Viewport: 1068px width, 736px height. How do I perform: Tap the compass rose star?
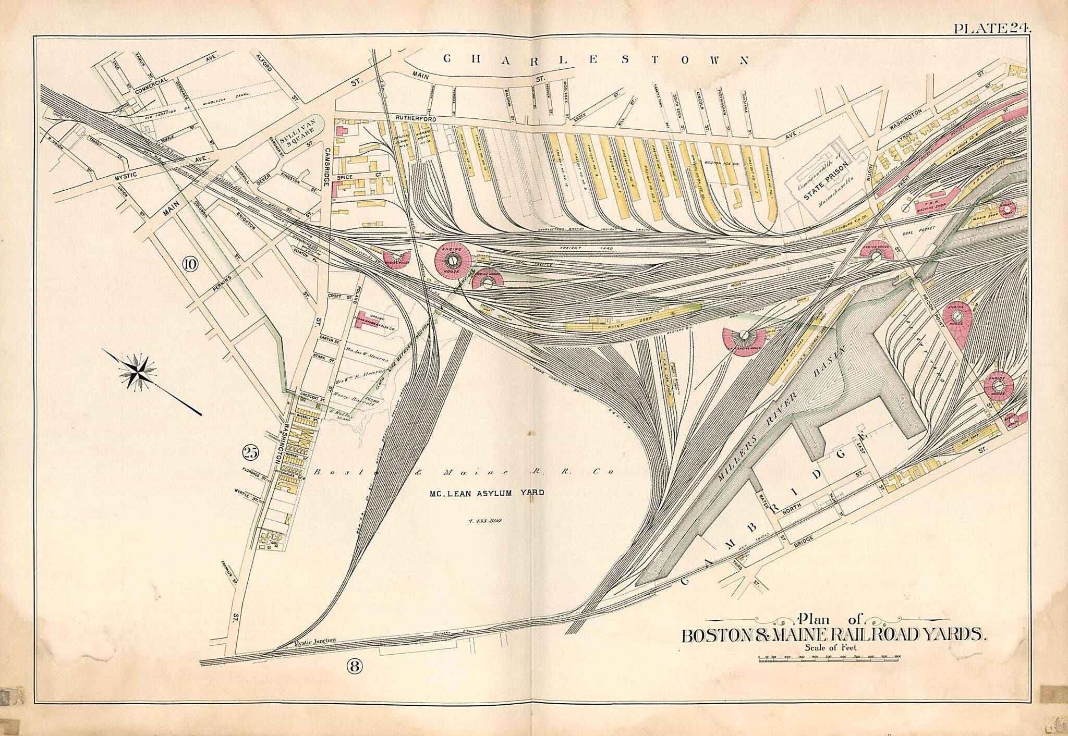[138, 371]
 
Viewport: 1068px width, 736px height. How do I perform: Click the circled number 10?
[189, 264]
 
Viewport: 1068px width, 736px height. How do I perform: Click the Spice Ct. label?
[344, 178]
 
